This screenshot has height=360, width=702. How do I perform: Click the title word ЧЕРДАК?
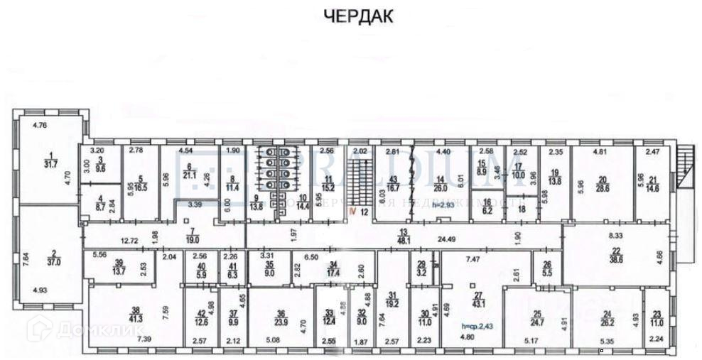358,16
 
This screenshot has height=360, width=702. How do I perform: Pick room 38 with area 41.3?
134,315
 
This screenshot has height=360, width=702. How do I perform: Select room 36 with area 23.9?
281,317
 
